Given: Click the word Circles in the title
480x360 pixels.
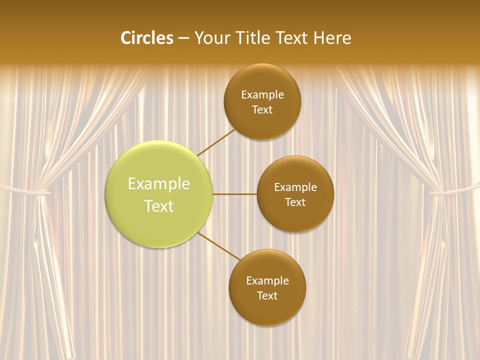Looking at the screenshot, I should click(147, 38).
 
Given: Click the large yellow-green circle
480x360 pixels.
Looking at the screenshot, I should click(159, 194).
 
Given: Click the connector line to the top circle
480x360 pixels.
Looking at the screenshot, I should click(216, 141).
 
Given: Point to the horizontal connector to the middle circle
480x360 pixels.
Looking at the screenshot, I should click(234, 194).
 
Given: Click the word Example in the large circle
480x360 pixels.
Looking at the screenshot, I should click(159, 183).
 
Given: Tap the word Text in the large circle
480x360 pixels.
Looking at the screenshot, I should click(159, 206).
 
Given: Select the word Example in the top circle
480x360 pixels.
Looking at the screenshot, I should click(262, 94).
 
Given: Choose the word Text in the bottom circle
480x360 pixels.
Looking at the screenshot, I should click(267, 295).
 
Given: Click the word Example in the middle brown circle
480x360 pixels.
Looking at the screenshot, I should click(295, 187).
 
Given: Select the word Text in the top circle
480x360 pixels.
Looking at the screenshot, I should click(262, 109).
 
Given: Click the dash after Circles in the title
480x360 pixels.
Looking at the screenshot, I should click(183, 38).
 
